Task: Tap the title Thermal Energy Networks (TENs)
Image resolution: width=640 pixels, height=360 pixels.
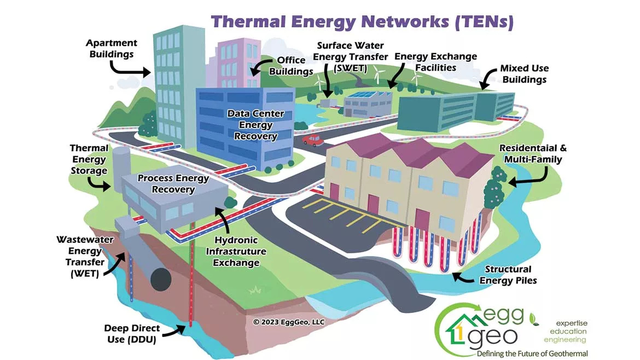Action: pyautogui.click(x=362, y=22)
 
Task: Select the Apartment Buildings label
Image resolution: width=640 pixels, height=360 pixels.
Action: pyautogui.click(x=112, y=48)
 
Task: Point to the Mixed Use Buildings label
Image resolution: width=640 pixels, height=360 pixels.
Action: pyautogui.click(x=524, y=74)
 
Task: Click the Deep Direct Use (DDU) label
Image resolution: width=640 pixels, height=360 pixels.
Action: pyautogui.click(x=132, y=334)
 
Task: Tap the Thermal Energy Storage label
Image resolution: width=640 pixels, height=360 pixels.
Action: pyautogui.click(x=89, y=159)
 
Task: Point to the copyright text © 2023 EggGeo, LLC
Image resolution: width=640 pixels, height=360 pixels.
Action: pyautogui.click(x=289, y=322)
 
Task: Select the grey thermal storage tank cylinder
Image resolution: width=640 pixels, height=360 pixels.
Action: pyautogui.click(x=121, y=160)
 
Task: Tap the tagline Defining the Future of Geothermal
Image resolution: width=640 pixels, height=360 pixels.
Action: pyautogui.click(x=532, y=353)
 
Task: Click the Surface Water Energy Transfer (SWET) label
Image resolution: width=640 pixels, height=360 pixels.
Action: pyautogui.click(x=350, y=57)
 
